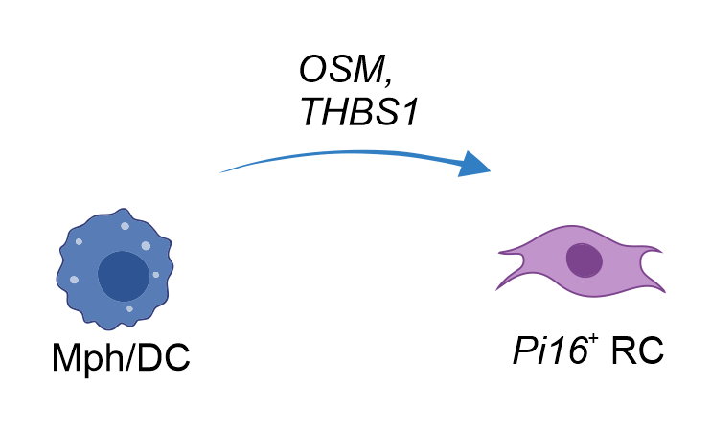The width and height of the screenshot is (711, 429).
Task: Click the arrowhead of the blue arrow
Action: click(475, 165)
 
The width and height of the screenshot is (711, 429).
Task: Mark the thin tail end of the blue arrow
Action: click(224, 171)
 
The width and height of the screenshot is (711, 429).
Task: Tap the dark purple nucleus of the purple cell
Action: click(584, 260)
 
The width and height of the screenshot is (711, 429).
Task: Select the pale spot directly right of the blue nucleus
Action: click(156, 275)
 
